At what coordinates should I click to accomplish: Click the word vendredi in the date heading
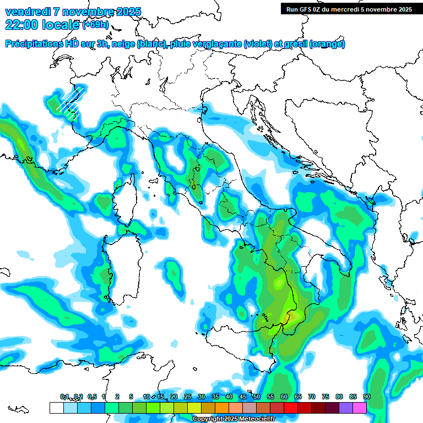click(x=24, y=12)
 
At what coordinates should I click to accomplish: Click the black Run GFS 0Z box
click(x=349, y=9)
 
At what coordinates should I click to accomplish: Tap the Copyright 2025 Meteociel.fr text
click(x=234, y=419)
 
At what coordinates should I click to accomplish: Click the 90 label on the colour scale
click(x=366, y=397)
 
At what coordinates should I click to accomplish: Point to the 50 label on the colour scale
click(x=256, y=397)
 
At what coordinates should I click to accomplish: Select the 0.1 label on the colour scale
click(x=64, y=397)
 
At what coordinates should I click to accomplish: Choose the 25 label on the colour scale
click(x=187, y=397)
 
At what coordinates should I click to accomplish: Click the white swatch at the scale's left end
click(x=56, y=408)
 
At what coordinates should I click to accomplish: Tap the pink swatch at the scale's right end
click(x=360, y=408)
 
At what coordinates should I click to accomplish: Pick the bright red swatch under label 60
click(x=291, y=408)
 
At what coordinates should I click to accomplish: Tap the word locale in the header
click(x=62, y=25)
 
